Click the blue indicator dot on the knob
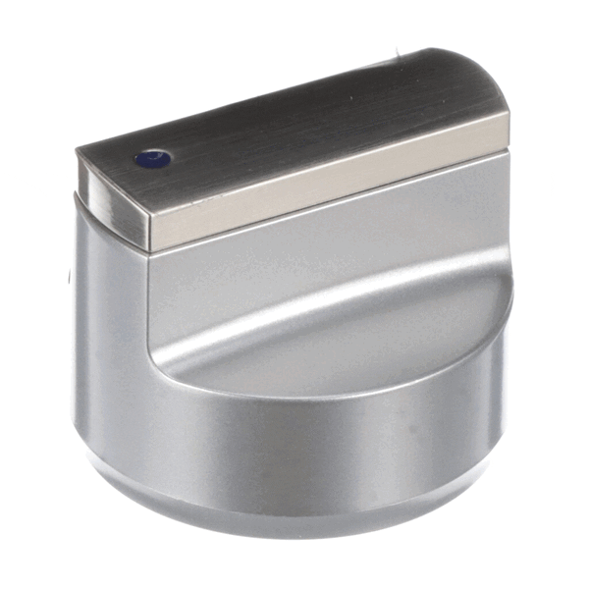tap(150, 157)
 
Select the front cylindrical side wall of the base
tap(294, 442)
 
